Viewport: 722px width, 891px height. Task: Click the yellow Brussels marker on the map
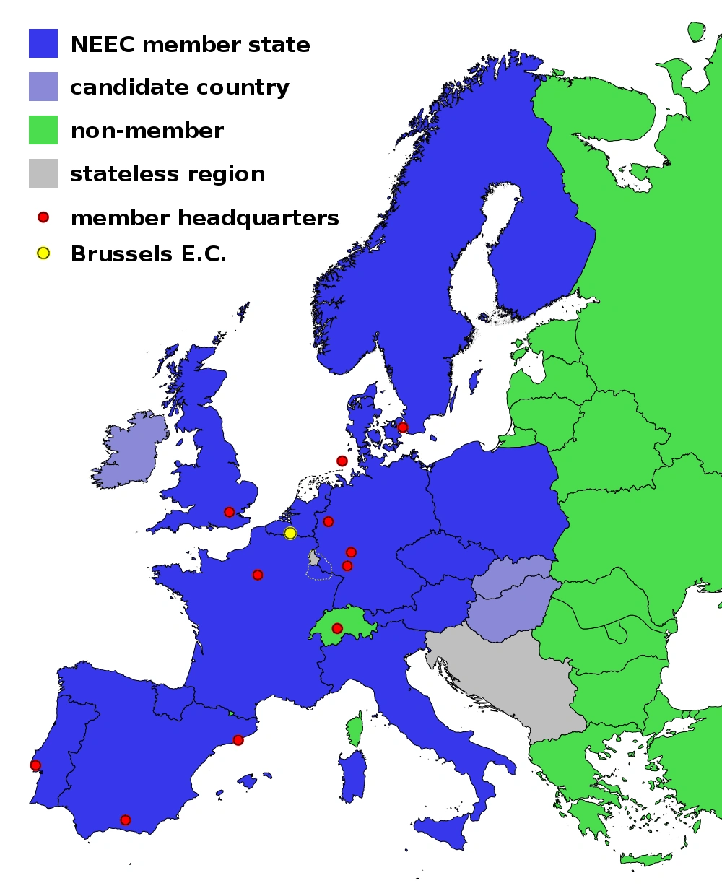[290, 533]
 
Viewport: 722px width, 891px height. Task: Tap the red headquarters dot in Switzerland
[337, 628]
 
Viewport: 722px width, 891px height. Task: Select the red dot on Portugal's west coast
[35, 765]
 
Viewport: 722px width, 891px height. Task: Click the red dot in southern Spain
[126, 820]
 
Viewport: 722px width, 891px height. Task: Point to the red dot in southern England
[230, 512]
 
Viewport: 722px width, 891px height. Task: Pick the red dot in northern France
[258, 575]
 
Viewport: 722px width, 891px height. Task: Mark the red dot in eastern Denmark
[403, 427]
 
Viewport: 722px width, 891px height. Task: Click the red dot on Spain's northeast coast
[238, 740]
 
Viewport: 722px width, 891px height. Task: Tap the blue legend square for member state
[43, 43]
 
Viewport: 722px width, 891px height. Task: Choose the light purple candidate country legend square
[43, 87]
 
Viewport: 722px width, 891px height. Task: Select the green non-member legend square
[43, 130]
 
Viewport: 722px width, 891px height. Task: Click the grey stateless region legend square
[43, 173]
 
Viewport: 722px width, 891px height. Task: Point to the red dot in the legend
[43, 217]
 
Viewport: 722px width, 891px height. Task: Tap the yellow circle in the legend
[43, 253]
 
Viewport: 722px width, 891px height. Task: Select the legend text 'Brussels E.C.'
[149, 254]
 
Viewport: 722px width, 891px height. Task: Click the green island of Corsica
[355, 729]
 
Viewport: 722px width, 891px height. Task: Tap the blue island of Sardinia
[353, 776]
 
